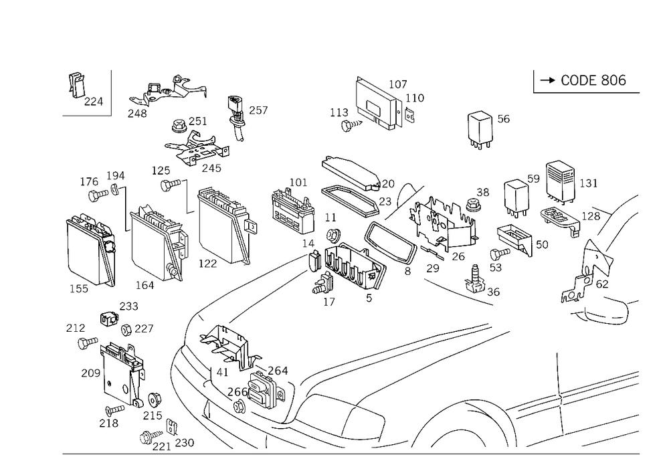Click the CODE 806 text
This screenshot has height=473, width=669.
point(593,80)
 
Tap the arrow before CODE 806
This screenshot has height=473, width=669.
point(547,80)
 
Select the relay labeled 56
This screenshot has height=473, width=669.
point(480,128)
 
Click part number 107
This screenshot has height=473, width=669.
point(397,84)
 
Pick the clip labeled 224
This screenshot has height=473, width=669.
point(76,86)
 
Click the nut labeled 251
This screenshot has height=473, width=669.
point(177,126)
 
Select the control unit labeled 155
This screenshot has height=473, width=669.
point(90,249)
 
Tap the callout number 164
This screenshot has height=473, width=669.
point(145,285)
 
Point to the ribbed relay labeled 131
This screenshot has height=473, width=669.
point(560,179)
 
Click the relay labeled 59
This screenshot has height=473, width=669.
point(516,198)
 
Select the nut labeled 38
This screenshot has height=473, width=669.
point(472,205)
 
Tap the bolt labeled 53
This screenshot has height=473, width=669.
point(500,254)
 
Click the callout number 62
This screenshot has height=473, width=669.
point(602,284)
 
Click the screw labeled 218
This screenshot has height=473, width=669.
point(115,410)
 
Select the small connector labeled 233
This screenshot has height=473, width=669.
point(109,318)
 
